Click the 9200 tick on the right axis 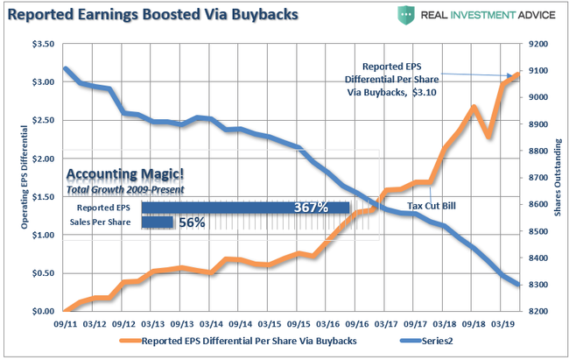[537, 44]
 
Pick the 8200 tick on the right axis [537, 311]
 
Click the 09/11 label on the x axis [66, 323]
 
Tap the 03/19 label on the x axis [502, 323]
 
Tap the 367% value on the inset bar [312, 208]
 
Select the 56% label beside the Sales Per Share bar [192, 222]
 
